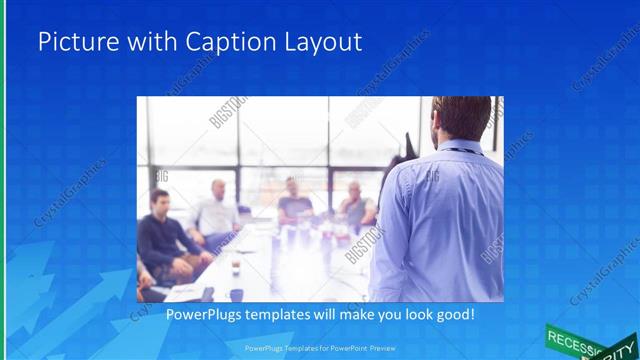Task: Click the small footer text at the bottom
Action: tap(319, 348)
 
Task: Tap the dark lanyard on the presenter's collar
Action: tap(461, 151)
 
